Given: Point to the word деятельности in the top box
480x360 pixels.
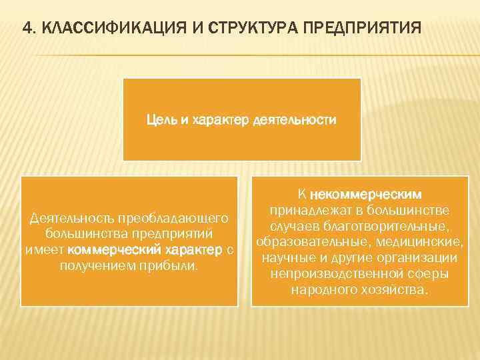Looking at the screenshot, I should tap(293, 121).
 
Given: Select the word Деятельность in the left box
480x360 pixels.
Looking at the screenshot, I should tap(69, 218).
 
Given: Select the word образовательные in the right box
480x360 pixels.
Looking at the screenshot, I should tap(302, 242).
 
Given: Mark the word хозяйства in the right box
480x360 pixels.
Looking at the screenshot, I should tap(397, 290).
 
